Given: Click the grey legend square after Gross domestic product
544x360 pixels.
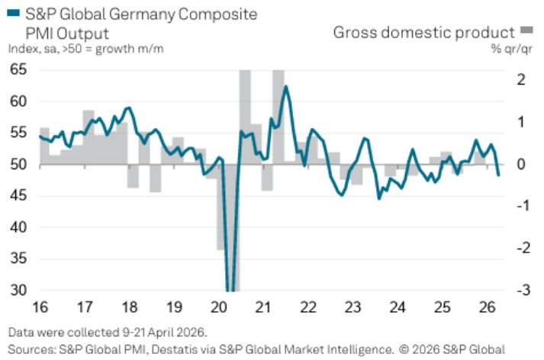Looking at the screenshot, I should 526,31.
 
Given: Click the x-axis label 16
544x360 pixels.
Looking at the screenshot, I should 40,307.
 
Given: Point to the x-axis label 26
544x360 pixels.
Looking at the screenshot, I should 488,307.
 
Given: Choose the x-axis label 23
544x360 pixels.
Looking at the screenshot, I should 353,307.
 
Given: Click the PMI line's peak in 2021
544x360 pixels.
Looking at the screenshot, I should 285,86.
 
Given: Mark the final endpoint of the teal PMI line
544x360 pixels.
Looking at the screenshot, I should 498,175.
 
